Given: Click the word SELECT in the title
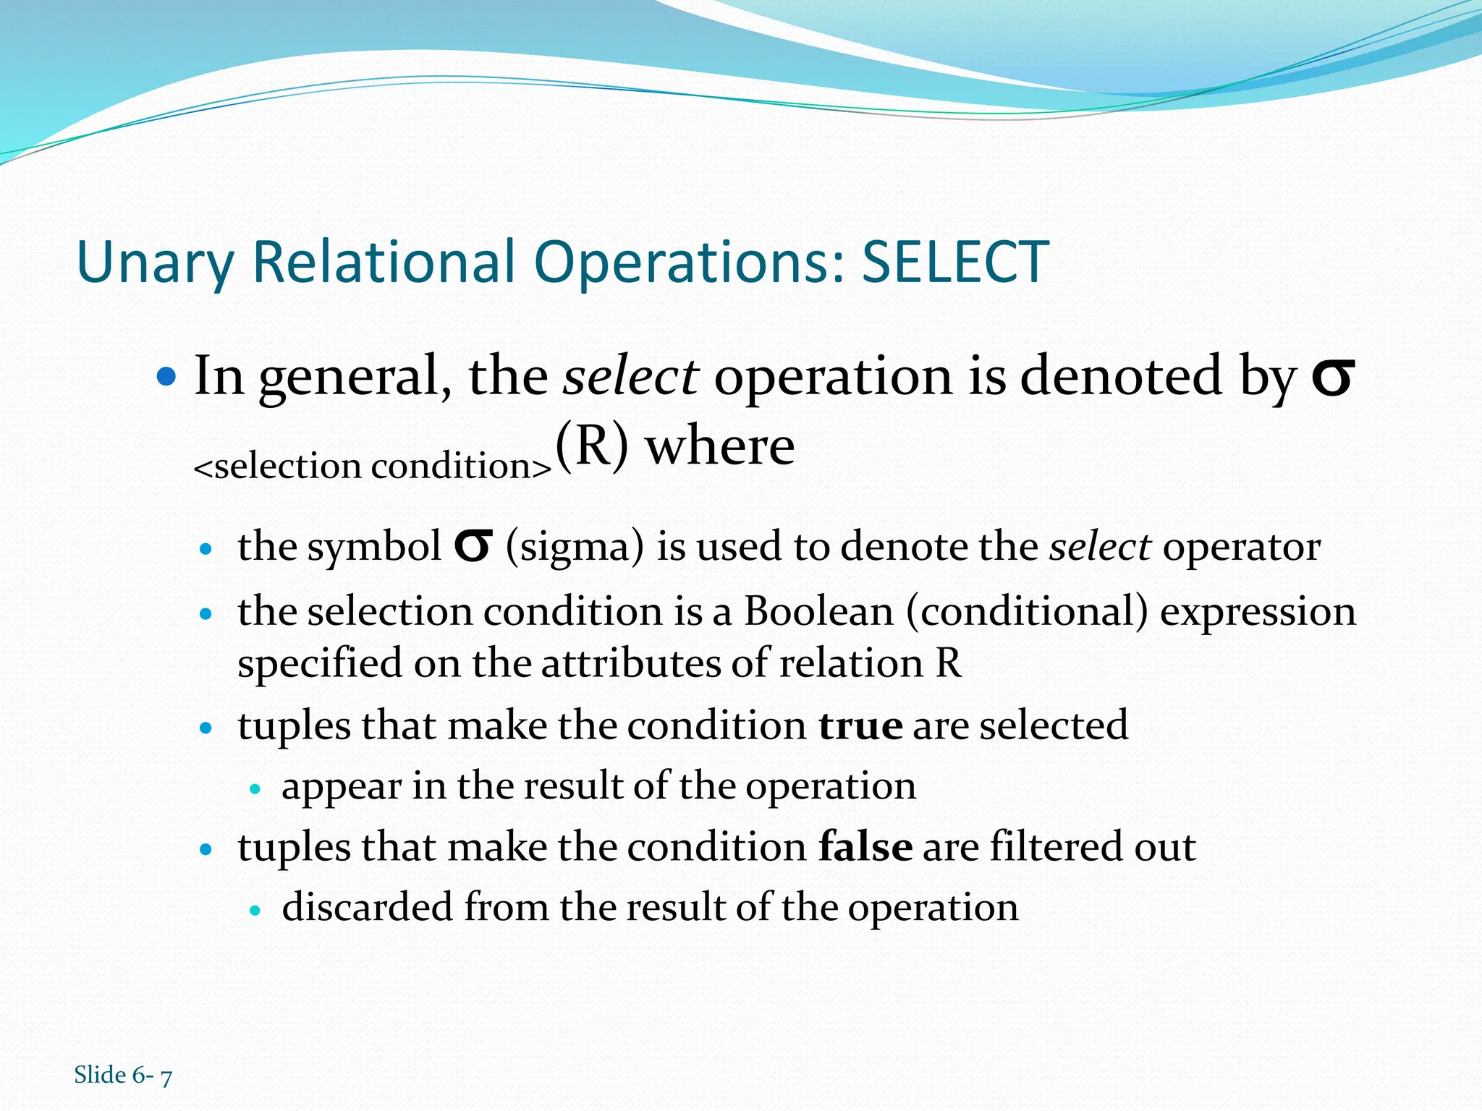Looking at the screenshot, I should (954, 262).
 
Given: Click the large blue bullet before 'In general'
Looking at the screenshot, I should (167, 377).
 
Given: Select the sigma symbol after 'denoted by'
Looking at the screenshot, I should (1332, 379).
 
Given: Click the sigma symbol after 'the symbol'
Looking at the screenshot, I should (473, 548).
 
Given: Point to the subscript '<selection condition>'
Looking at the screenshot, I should (373, 466).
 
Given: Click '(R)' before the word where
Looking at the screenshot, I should (592, 446).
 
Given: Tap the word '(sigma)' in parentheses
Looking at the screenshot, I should (575, 548).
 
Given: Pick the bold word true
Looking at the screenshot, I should (860, 725).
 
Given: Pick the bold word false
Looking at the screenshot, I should (865, 847).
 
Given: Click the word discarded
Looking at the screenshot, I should (367, 907).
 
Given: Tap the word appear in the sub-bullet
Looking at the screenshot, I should (341, 787).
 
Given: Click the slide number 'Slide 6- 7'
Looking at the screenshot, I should (123, 1076).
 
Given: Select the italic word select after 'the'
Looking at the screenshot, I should (630, 377).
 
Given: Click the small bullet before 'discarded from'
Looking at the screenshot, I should (254, 911).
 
